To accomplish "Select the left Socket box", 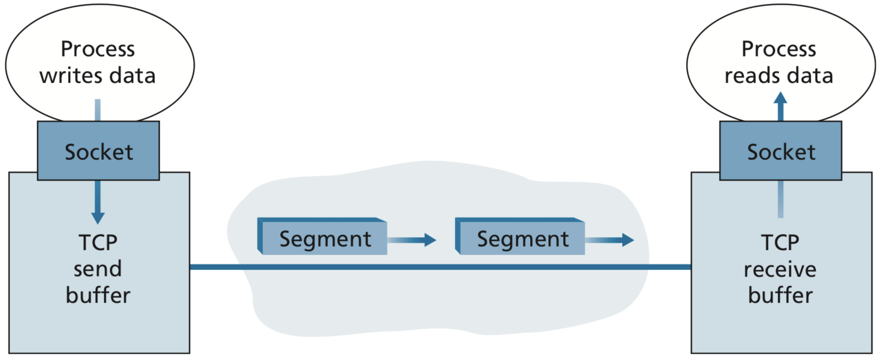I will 99,151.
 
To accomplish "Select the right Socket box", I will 780,151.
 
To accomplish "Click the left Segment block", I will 324,238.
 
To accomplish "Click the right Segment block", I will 522,238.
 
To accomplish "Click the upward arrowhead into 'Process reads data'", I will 780,99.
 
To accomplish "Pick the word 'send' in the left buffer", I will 98,269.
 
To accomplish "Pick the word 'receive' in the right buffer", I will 780,269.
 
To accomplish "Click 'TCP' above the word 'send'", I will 98,242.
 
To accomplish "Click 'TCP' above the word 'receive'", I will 780,242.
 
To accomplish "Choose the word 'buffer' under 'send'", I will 98,295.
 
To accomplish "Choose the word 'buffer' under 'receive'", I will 780,295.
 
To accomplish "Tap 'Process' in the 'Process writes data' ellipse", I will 98,49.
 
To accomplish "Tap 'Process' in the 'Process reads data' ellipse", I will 779,49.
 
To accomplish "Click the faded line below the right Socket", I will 780,199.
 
